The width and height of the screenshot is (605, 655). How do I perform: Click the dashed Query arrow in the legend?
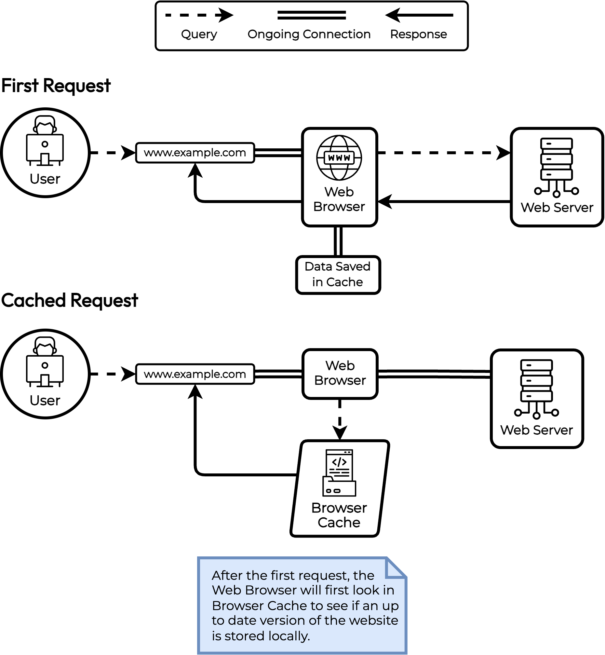point(199,15)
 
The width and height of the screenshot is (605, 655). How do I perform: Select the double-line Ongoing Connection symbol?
point(311,15)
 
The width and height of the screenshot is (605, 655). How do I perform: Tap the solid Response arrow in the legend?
point(419,15)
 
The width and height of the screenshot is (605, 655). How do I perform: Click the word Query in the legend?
point(199,34)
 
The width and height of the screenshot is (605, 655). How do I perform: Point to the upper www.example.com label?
point(195,153)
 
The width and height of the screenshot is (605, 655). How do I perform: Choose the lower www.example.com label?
point(195,374)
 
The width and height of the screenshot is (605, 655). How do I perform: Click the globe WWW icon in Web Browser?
point(339,157)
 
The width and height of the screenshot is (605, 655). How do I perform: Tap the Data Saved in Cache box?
point(338,275)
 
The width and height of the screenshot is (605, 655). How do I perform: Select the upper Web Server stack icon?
point(556,167)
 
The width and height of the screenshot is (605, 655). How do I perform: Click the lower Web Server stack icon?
point(536,389)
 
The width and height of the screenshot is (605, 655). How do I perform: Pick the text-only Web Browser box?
point(340,374)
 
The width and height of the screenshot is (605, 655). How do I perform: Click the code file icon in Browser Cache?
point(339,472)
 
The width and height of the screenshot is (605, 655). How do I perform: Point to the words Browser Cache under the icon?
point(339,515)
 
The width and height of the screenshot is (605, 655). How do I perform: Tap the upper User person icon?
point(45,141)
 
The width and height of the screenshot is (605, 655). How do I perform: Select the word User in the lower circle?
point(45,400)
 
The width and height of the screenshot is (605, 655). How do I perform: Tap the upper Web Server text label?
point(557,207)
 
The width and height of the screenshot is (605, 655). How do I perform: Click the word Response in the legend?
point(418,34)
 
